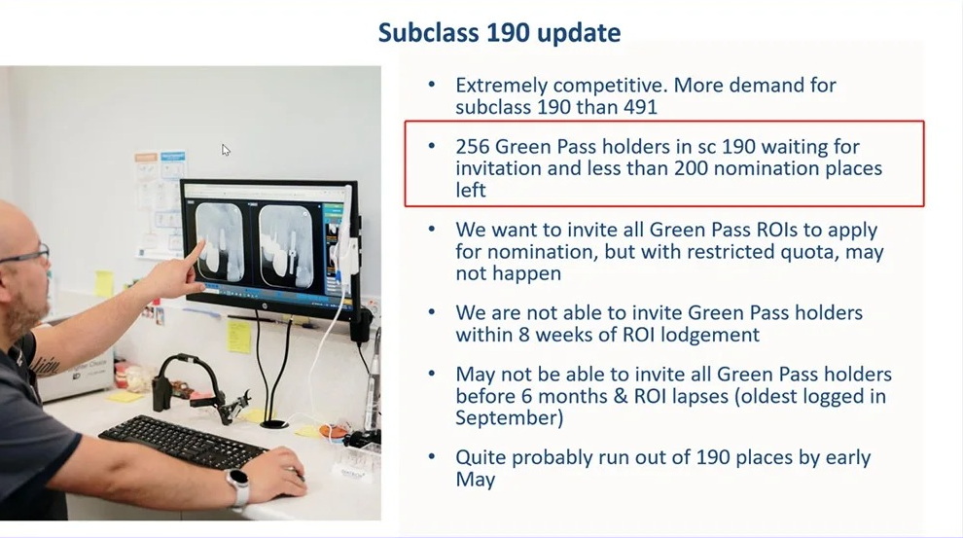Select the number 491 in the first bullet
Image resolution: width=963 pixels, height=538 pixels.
tap(639, 107)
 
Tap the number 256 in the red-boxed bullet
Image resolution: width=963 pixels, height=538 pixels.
tap(473, 147)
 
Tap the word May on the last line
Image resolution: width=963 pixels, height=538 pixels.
tap(476, 480)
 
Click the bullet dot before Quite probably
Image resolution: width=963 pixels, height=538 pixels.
tap(432, 457)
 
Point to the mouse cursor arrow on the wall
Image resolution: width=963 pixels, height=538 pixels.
tap(226, 150)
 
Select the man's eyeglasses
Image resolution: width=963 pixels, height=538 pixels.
tap(26, 254)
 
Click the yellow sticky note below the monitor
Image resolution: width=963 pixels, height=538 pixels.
tap(239, 336)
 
